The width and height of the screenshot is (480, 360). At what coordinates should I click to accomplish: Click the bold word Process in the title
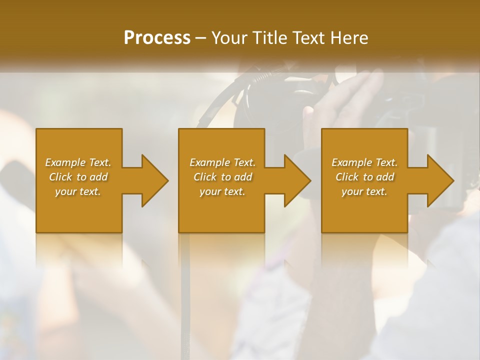157,38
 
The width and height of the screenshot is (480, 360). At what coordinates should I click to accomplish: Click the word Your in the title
230,38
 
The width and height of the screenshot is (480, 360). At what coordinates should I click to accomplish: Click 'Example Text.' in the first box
78,162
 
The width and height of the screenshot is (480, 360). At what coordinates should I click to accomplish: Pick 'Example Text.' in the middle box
222,162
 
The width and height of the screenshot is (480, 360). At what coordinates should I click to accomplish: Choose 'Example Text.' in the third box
364,162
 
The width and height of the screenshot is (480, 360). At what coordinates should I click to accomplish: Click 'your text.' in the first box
78,191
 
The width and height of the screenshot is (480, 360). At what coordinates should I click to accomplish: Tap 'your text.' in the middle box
222,191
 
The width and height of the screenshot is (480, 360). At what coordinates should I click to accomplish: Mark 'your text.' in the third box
364,191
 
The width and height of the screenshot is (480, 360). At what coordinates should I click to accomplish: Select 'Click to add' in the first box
78,177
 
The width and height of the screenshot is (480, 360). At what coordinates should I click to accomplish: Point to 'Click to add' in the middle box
222,177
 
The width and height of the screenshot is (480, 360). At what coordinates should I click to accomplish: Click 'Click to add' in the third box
364,177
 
